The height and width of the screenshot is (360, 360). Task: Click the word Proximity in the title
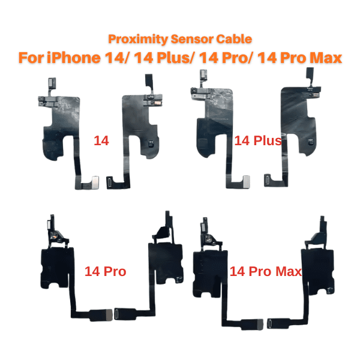tap(138, 39)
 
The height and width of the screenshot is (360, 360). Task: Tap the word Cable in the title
tap(234, 39)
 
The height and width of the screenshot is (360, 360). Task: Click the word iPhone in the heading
tap(74, 58)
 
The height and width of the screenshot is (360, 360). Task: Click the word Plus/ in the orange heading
tap(176, 58)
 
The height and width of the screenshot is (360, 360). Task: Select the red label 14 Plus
tap(258, 141)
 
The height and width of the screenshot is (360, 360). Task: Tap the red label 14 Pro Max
tap(266, 271)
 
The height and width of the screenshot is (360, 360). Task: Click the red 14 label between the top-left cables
tap(101, 140)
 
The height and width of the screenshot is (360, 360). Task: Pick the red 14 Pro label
tap(106, 271)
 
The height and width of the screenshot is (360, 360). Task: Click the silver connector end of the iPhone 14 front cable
tap(95, 182)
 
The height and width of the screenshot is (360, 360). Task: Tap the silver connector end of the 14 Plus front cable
tap(247, 182)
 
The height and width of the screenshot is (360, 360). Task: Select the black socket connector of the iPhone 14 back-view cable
tap(110, 182)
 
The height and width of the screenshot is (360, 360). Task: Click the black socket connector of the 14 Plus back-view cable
tap(268, 181)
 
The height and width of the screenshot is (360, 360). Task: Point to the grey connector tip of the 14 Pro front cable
tap(109, 315)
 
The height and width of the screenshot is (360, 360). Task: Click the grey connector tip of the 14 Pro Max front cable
tap(260, 325)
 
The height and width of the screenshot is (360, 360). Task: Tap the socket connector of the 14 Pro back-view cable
tap(117, 314)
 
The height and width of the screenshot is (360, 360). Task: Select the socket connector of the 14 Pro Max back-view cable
tap(269, 324)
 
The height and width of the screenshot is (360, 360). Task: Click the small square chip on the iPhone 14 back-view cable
tap(152, 144)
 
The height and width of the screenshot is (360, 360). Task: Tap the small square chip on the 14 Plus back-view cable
tap(310, 142)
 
